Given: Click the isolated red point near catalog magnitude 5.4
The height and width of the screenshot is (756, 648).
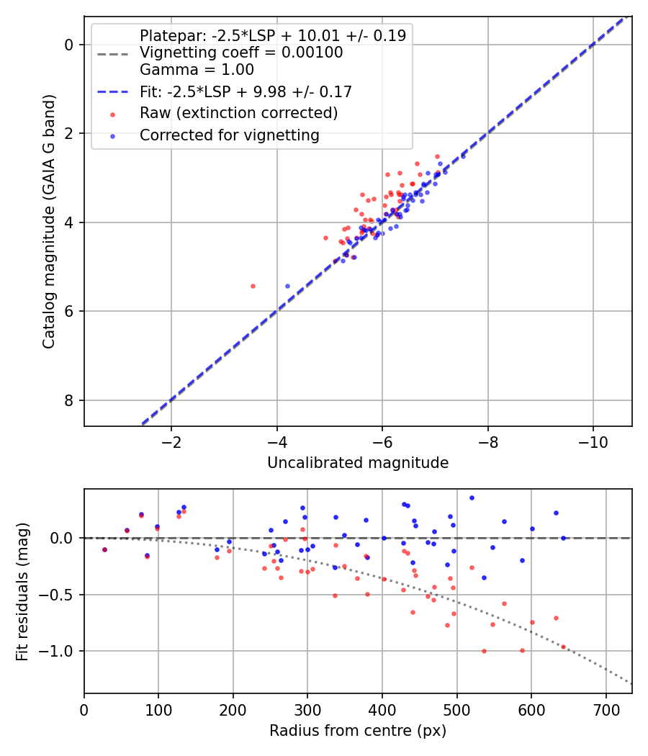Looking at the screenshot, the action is coord(253,287).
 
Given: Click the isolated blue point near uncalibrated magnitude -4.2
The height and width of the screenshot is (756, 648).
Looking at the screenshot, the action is coord(288,287).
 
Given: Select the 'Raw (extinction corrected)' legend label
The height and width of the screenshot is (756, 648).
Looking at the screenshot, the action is coord(238,113).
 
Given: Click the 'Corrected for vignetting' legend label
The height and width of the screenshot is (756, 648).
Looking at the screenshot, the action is coord(230,135).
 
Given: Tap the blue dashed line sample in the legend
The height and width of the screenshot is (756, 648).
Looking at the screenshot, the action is coord(113,91).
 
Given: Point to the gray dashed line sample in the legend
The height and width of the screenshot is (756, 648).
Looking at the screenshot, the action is coord(113,53).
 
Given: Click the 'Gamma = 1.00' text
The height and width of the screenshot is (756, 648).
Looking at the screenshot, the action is coord(197,70).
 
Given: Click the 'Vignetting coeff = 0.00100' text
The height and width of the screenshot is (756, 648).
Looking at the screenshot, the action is coord(241,53).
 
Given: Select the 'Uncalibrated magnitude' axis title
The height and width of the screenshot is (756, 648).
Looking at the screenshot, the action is coord(358,463).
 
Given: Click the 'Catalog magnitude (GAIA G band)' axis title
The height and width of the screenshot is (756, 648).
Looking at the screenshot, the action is coord(49,221).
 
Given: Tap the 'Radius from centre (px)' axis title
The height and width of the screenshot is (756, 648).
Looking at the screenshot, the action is coord(358,731).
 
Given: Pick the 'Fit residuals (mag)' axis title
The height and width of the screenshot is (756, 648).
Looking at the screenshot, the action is coord(22,592).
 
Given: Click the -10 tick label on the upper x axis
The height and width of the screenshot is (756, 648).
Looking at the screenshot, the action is coord(593,442).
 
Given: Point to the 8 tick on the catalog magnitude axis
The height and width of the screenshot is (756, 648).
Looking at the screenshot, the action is coord(68,400).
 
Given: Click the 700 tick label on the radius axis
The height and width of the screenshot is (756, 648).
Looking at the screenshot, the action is coord(606,710).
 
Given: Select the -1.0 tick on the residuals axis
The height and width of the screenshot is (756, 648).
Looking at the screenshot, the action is coord(58,651).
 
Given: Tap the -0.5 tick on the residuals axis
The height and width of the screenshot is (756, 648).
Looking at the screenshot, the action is coord(58,595).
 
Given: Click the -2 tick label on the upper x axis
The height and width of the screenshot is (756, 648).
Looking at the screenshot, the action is coord(171,442).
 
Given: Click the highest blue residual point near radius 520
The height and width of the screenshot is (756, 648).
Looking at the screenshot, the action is coord(472,498).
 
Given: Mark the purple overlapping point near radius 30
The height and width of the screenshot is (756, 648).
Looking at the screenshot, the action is coord(104,549).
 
